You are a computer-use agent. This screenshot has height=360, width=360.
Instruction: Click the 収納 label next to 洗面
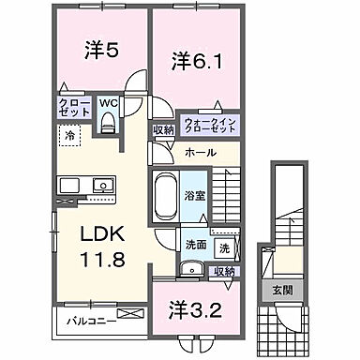coord(225,271)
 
